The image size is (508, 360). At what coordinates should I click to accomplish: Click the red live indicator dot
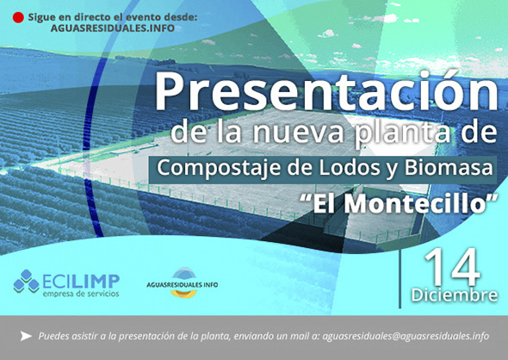pyautogui.click(x=18, y=17)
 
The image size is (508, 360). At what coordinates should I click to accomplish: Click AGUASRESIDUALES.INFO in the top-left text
pyautogui.click(x=113, y=28)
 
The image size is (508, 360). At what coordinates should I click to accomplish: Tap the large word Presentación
pyautogui.click(x=326, y=91)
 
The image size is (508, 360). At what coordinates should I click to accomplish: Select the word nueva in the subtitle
pyautogui.click(x=297, y=133)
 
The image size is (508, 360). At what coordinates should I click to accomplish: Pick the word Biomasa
pyautogui.click(x=449, y=168)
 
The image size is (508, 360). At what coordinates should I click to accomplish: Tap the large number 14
pyautogui.click(x=452, y=268)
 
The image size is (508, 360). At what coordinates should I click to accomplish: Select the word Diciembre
pyautogui.click(x=455, y=295)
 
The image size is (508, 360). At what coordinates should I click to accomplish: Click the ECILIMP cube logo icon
pyautogui.click(x=26, y=281)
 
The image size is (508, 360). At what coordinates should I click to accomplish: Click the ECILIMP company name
pyautogui.click(x=81, y=282)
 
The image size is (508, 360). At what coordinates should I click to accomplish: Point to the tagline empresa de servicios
pyautogui.click(x=81, y=294)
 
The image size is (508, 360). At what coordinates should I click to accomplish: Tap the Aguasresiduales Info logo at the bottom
pyautogui.click(x=182, y=282)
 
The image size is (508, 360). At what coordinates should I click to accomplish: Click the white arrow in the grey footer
pyautogui.click(x=26, y=336)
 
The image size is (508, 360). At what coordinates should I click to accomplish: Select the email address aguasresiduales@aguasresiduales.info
pyautogui.click(x=406, y=336)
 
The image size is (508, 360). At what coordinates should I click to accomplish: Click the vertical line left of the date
pyautogui.click(x=400, y=278)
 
